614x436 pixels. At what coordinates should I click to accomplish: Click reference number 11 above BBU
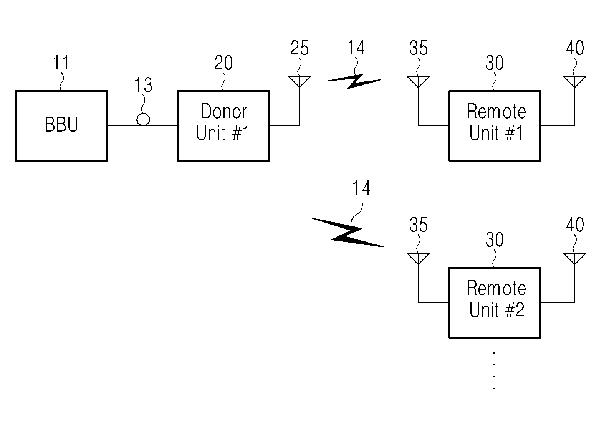(x=61, y=63)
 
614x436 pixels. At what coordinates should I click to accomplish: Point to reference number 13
(x=143, y=85)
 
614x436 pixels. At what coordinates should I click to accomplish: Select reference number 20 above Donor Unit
(x=223, y=63)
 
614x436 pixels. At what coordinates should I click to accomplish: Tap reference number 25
(x=300, y=48)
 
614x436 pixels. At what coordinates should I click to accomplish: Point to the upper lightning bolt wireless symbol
(x=355, y=81)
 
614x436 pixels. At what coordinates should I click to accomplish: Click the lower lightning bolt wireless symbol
(x=347, y=232)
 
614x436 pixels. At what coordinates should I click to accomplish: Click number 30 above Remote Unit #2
(x=495, y=239)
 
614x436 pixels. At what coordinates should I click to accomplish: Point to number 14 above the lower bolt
(x=361, y=188)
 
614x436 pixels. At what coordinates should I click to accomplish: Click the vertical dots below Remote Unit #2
(x=494, y=371)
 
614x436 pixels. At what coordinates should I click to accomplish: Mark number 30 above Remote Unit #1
(x=495, y=63)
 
